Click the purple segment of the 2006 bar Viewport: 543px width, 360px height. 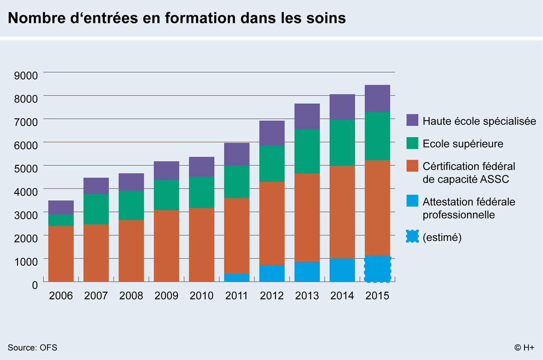[61, 207]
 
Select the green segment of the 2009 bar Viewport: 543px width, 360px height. [166, 195]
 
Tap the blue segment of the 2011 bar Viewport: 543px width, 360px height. [237, 277]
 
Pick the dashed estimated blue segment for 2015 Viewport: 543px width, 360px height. [377, 269]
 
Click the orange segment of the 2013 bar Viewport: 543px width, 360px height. [307, 218]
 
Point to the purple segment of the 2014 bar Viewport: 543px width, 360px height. [342, 107]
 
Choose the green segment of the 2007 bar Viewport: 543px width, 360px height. [96, 209]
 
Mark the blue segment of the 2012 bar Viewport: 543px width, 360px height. [272, 273]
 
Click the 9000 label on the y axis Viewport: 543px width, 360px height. [26, 76]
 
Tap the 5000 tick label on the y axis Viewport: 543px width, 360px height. [26, 169]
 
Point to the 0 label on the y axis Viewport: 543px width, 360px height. [35, 285]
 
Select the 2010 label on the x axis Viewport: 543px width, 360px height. [201, 296]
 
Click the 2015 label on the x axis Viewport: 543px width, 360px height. [377, 296]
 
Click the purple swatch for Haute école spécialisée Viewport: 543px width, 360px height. [413, 120]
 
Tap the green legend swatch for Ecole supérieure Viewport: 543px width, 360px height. [413, 143]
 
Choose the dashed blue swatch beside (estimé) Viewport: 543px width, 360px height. [413, 236]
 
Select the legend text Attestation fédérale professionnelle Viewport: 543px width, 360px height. [469, 208]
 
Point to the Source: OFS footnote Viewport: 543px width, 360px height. [32, 348]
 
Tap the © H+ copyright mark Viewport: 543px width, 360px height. [524, 348]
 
